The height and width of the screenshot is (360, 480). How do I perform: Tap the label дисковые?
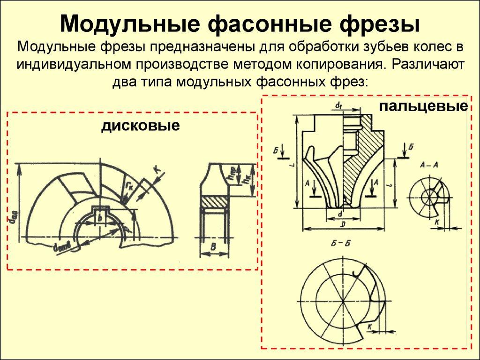141,126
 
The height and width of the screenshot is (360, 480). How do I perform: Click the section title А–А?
429,165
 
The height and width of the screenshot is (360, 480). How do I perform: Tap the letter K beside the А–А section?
436,223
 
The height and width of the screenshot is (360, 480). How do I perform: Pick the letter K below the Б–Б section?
370,326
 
